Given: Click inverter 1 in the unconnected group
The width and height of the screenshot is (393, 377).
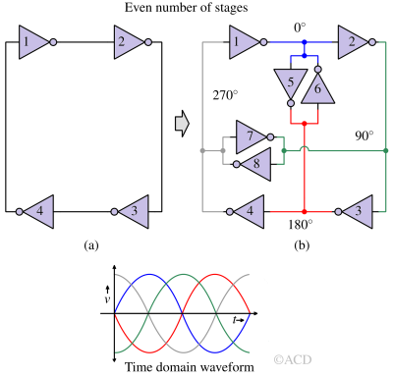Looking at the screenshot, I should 32,42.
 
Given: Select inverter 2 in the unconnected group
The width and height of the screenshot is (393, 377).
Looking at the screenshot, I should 129,42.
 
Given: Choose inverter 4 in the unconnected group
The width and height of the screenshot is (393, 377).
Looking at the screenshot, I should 38,211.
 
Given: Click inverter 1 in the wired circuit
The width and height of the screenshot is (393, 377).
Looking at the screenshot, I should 245,42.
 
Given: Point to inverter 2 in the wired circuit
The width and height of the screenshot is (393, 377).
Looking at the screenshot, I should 351,42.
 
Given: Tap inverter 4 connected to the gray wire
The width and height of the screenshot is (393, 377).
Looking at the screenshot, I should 250,211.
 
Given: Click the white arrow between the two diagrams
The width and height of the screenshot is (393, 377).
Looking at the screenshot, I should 182,124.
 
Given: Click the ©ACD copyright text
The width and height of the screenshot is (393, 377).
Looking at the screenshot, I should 292,360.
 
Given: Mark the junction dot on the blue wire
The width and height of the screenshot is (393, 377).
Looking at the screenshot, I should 305,42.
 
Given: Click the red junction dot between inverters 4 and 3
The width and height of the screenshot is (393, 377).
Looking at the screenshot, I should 305,211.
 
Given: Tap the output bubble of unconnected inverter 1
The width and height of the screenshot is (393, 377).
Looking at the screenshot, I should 53,42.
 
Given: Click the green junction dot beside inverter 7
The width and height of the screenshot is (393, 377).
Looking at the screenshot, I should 283,150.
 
